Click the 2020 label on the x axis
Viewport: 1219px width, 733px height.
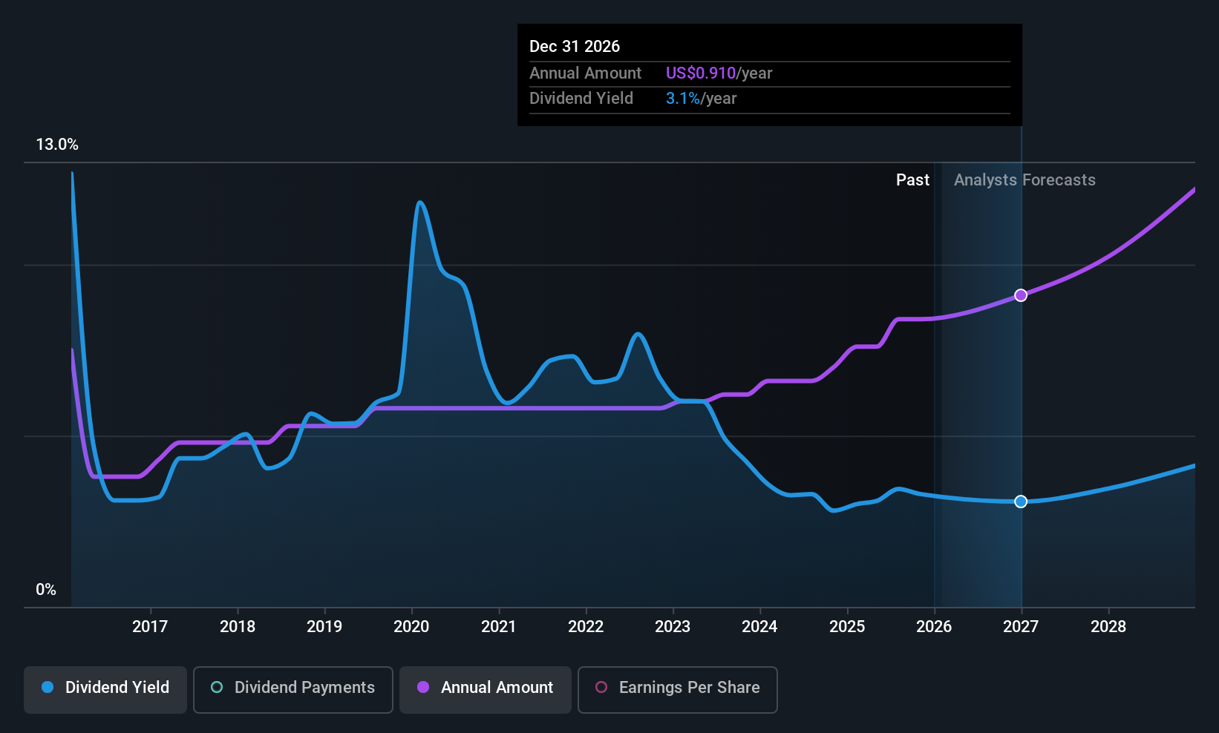tap(411, 626)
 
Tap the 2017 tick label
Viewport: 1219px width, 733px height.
tap(150, 626)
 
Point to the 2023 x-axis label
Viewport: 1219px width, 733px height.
tap(673, 626)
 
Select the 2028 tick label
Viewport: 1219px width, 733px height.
tap(1108, 626)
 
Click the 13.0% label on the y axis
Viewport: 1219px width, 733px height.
tap(57, 145)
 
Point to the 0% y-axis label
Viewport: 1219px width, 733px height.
tap(46, 590)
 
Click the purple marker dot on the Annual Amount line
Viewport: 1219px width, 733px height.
tap(1021, 295)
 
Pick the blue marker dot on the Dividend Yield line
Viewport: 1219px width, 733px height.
tap(1021, 502)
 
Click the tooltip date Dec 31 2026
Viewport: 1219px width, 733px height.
tap(575, 47)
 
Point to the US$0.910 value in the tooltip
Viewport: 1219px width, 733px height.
tap(701, 73)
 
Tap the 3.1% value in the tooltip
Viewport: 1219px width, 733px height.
tap(683, 99)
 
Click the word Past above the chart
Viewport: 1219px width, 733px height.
tap(912, 180)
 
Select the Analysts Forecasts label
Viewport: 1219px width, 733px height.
tap(1024, 180)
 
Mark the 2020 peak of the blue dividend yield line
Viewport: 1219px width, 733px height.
tap(419, 203)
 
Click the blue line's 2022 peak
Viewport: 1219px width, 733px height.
tap(638, 334)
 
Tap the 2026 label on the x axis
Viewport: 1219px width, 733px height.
tap(934, 626)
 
